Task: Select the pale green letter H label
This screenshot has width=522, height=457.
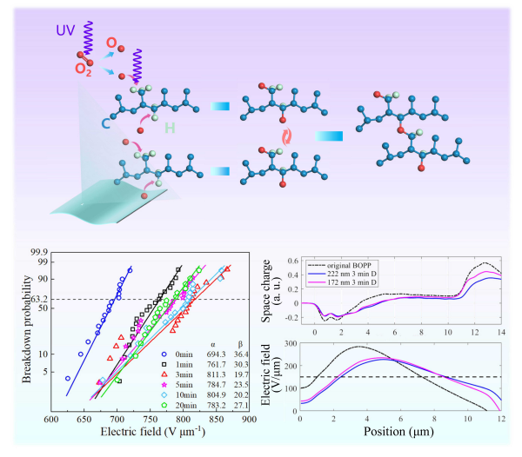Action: click(x=170, y=129)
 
